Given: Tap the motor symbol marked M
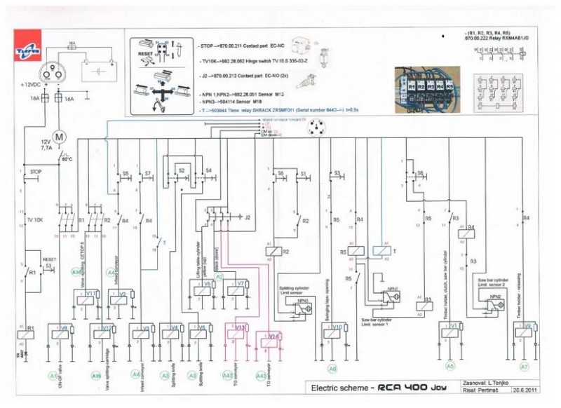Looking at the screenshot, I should coord(58,136).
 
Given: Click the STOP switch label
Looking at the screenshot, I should coord(34,170).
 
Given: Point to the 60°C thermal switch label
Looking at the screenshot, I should coord(67,158).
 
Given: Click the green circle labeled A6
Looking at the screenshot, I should coord(332,368).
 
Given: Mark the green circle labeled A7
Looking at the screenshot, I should coord(523,367).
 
